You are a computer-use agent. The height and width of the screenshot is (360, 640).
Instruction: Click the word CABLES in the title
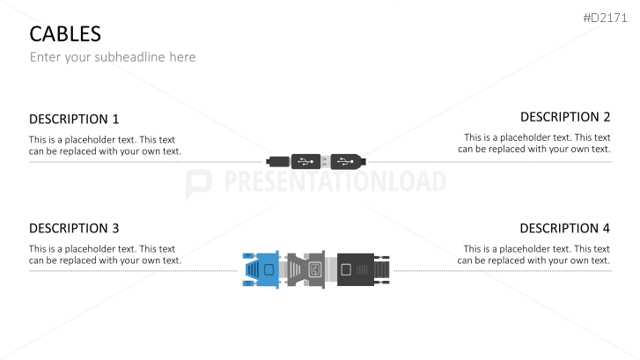click(x=65, y=34)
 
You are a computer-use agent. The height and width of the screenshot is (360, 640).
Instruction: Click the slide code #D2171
click(x=608, y=18)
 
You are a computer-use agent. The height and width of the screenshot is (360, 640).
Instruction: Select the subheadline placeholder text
click(x=113, y=57)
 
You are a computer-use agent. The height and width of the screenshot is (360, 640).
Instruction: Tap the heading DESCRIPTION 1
click(x=74, y=119)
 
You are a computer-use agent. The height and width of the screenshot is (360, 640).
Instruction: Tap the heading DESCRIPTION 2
click(x=565, y=116)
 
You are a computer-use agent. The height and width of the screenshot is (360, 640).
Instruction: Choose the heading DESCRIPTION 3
click(x=74, y=228)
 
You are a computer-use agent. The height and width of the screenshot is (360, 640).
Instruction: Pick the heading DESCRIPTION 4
click(x=565, y=228)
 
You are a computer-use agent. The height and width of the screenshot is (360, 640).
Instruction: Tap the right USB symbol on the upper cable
click(x=344, y=161)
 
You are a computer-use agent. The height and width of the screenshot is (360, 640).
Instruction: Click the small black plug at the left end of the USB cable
click(x=276, y=161)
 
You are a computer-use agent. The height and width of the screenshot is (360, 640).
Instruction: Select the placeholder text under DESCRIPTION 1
click(x=105, y=145)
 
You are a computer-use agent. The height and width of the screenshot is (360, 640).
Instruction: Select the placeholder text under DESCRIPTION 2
click(x=534, y=143)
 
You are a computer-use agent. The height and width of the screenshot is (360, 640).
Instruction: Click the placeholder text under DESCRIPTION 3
click(x=105, y=254)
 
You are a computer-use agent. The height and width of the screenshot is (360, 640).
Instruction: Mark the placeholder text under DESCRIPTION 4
click(x=534, y=254)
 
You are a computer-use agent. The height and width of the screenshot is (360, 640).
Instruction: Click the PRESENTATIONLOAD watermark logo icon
click(x=199, y=183)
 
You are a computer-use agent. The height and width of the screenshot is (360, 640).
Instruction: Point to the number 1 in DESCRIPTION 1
click(x=114, y=119)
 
